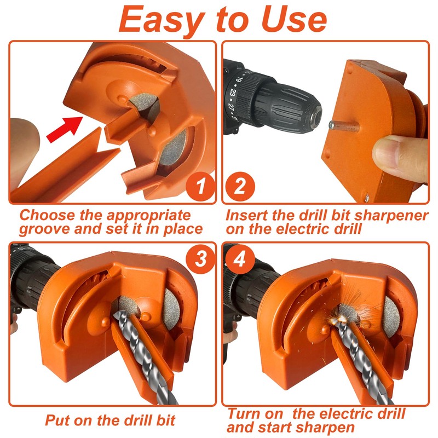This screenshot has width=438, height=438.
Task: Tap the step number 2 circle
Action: [x=239, y=188]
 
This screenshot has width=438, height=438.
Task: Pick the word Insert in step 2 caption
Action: [x=246, y=215]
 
